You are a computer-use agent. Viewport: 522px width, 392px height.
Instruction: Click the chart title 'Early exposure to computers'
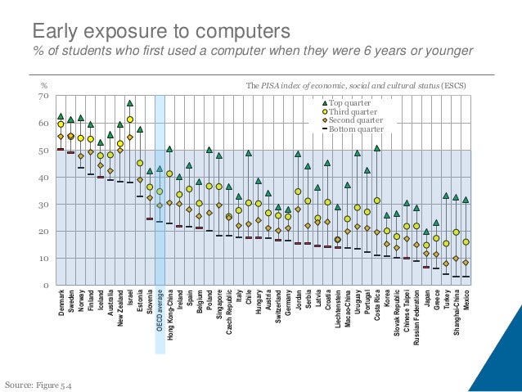(160, 32)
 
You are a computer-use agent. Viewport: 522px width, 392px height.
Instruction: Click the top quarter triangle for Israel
(130, 103)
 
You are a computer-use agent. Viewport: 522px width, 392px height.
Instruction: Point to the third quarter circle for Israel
(130, 119)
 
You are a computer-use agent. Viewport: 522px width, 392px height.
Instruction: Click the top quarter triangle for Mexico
(466, 200)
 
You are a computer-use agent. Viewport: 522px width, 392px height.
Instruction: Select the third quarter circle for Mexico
(466, 242)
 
